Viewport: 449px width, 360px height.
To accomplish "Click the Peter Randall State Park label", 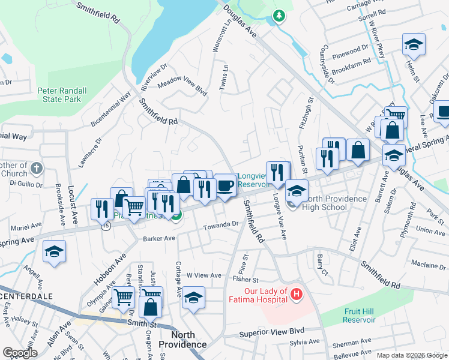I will point(62,95).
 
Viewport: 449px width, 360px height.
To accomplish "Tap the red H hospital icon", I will point(296,294).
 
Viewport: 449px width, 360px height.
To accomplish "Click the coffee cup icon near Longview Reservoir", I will point(225,184).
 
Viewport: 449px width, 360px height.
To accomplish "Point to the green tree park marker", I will point(277,16).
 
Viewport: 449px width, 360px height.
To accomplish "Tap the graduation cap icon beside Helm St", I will point(412,45).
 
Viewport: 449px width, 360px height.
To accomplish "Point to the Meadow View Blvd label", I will point(182,88).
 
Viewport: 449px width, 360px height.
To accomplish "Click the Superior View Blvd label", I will point(272,332).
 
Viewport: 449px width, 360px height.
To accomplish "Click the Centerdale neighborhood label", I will point(26,297).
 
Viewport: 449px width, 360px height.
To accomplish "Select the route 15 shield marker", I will point(106,226).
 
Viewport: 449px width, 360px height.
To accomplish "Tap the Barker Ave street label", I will point(159,238).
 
